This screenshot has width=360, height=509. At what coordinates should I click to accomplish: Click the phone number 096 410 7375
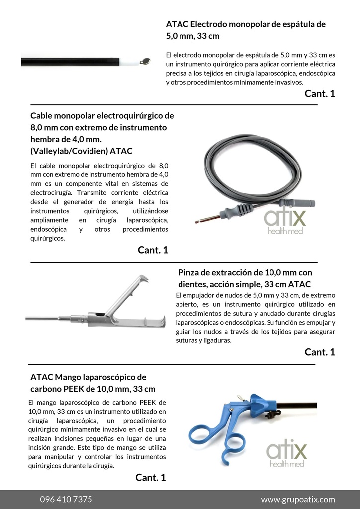[66, 499]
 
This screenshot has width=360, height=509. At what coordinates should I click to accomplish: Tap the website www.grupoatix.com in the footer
[298, 499]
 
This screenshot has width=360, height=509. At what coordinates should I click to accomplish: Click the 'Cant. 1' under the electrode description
[320, 93]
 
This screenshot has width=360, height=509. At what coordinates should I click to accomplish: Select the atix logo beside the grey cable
[285, 221]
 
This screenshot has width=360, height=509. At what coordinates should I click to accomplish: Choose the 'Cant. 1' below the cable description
[153, 250]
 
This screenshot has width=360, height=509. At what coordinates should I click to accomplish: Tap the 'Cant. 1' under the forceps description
[320, 352]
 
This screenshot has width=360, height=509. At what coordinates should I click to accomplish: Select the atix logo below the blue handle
[286, 454]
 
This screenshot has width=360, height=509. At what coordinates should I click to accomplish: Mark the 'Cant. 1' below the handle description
[150, 477]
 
